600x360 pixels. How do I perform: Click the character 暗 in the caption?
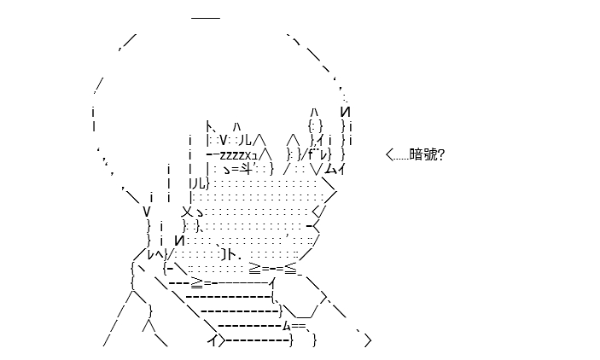click(415, 154)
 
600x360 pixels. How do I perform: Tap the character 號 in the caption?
click(428, 154)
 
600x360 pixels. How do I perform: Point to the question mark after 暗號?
click(440, 154)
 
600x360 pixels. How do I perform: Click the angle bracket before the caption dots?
click(389, 155)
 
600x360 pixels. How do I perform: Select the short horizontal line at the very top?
click(206, 18)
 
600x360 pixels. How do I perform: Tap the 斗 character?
click(245, 168)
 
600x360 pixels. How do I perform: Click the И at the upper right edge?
click(345, 112)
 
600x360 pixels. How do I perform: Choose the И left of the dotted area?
click(179, 241)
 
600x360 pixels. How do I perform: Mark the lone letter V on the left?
click(147, 212)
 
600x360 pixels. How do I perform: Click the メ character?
click(188, 212)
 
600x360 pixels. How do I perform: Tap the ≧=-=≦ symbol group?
click(273, 268)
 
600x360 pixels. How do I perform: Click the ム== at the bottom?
click(294, 326)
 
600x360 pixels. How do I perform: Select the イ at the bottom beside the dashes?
click(213, 340)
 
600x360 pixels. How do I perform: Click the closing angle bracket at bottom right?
click(368, 340)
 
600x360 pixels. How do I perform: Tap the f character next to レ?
click(311, 154)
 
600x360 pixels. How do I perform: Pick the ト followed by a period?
click(230, 254)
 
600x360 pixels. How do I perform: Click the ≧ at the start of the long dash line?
click(197, 282)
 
